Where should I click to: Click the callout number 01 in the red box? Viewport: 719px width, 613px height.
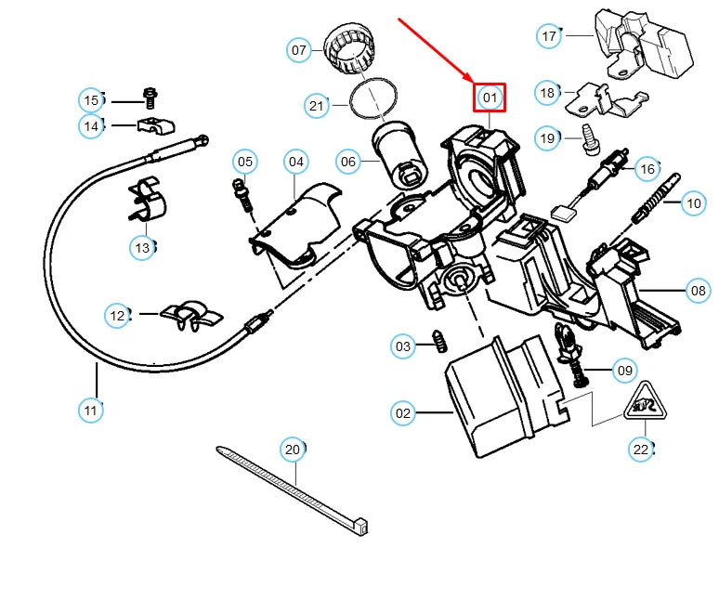pyautogui.click(x=490, y=98)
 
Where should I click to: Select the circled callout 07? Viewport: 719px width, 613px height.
pyautogui.click(x=299, y=49)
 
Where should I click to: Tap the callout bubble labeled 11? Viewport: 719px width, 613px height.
pyautogui.click(x=91, y=411)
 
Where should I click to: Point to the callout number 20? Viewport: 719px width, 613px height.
pyautogui.click(x=293, y=450)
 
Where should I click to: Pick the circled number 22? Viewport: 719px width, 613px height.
pyautogui.click(x=641, y=450)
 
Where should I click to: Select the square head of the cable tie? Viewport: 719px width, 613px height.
pyautogui.click(x=360, y=526)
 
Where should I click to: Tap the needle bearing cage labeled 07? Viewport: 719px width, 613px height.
pyautogui.click(x=349, y=51)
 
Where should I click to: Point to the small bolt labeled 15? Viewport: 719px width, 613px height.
pyautogui.click(x=150, y=98)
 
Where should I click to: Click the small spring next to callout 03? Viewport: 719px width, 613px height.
pyautogui.click(x=440, y=341)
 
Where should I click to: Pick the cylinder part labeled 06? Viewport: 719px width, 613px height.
pyautogui.click(x=399, y=155)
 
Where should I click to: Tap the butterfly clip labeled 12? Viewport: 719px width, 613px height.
pyautogui.click(x=191, y=316)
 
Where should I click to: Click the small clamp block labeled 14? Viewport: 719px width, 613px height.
pyautogui.click(x=156, y=125)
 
